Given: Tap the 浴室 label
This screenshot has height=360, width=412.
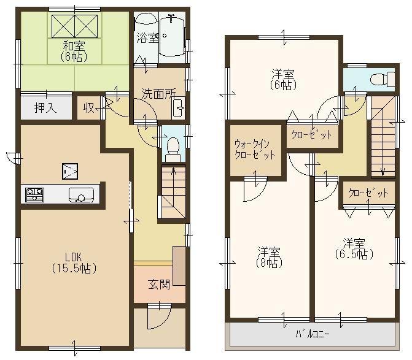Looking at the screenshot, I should coord(147,37).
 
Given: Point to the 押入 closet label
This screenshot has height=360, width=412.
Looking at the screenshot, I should coord(45,109).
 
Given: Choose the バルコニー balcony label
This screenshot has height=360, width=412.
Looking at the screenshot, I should coord(313,334).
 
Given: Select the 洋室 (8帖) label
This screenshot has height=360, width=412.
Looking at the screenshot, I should coord(269,257).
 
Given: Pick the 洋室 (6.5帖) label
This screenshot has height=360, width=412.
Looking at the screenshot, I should coord(354,247).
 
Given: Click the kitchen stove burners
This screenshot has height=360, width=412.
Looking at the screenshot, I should coord(35,195).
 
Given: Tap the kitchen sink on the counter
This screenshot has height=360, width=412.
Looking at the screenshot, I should coord(79,196).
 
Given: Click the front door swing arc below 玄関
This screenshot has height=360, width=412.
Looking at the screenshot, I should coord(156,319).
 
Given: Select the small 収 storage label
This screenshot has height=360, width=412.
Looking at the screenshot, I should coord(89,109).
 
